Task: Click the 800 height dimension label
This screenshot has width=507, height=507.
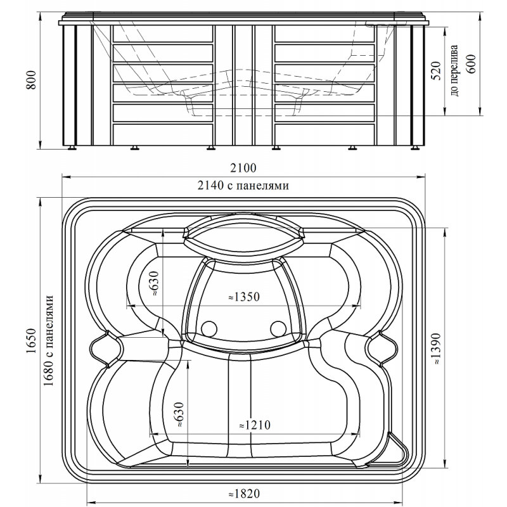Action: pos(31,80)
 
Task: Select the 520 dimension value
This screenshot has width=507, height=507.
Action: pos(436,70)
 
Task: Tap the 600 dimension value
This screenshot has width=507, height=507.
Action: pos(471,64)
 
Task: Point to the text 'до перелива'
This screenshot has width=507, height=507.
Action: pos(454,70)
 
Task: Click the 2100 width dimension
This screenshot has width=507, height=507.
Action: pos(243,168)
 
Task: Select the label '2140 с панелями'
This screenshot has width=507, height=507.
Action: pos(243,185)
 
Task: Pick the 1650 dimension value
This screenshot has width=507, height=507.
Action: pos(31,341)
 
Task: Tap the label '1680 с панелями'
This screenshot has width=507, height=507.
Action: pos(48,340)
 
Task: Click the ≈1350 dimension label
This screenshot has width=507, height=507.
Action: pos(244,297)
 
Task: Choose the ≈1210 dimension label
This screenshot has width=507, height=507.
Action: pos(255,425)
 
